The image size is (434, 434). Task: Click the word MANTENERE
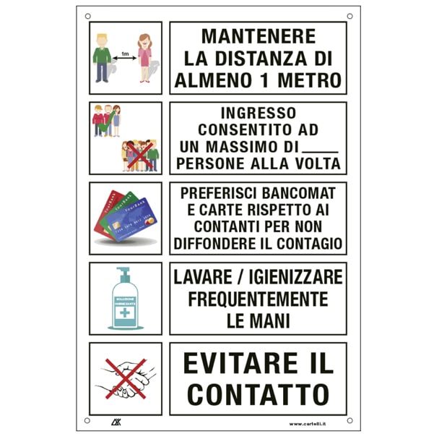tap(259, 36)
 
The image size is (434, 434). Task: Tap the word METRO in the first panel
tap(310, 80)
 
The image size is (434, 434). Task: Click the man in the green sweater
tap(102, 58)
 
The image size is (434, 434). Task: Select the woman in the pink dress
tap(144, 58)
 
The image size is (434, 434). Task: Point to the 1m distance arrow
tap(125, 58)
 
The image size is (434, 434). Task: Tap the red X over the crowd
tap(140, 156)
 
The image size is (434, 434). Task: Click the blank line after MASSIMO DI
tap(320, 152)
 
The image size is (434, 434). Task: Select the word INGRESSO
tap(259, 113)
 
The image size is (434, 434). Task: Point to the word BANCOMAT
tap(299, 193)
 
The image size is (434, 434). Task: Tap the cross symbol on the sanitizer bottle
tap(124, 313)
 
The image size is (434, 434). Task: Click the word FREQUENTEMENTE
tap(259, 299)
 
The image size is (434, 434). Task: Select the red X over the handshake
tap(126, 379)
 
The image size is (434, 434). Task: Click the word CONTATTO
tap(259, 394)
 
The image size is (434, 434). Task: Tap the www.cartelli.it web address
tap(308, 424)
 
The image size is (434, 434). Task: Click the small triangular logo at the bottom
tap(116, 422)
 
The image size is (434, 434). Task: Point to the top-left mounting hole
tap(88, 16)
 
